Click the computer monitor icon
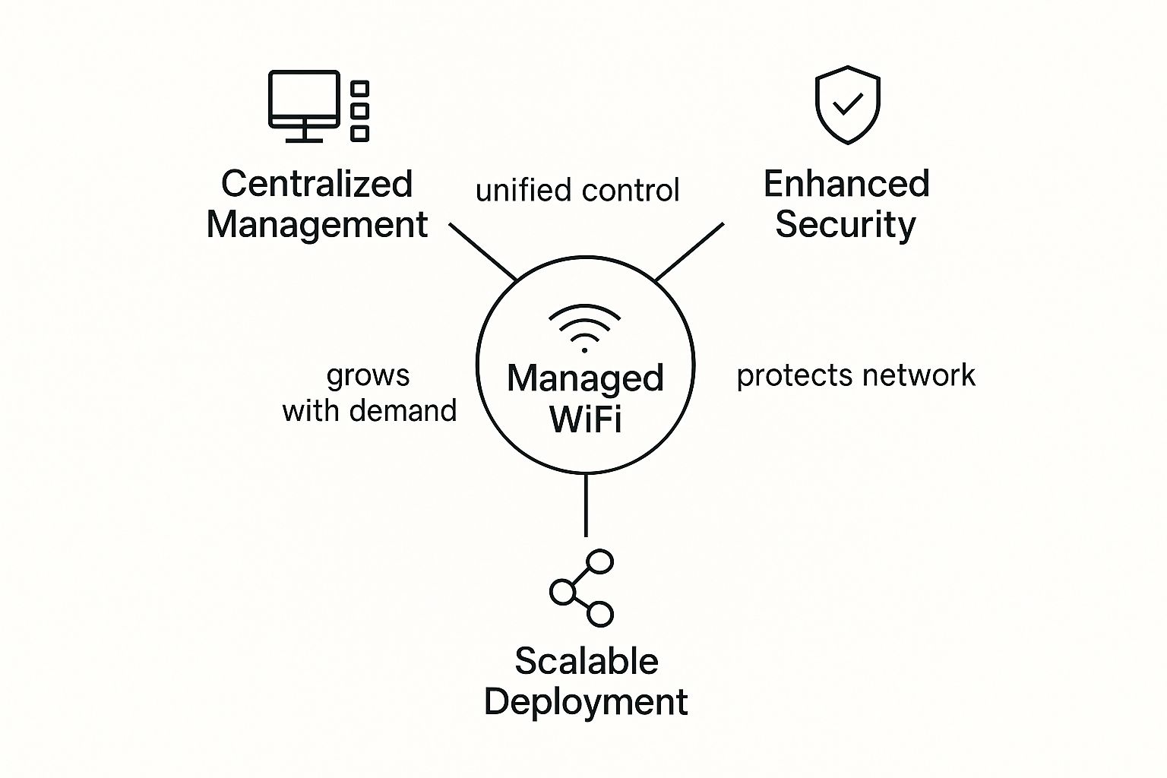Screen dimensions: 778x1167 pyautogui.click(x=304, y=103)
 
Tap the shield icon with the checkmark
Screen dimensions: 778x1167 pyautogui.click(x=847, y=105)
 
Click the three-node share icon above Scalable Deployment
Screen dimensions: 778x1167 pyautogui.click(x=581, y=588)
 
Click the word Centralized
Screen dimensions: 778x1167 pyautogui.click(x=317, y=184)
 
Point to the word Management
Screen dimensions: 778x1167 pyautogui.click(x=317, y=225)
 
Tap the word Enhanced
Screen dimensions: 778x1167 pyautogui.click(x=846, y=184)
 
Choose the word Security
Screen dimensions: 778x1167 pyautogui.click(x=846, y=225)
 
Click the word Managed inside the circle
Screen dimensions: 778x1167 pyautogui.click(x=585, y=378)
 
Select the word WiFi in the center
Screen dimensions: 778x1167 pyautogui.click(x=585, y=419)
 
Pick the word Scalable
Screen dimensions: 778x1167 pyautogui.click(x=586, y=661)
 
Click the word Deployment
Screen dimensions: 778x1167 pyautogui.click(x=586, y=702)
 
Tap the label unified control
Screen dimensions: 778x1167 pyautogui.click(x=577, y=191)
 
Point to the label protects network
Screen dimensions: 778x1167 pyautogui.click(x=855, y=375)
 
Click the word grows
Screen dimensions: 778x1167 pyautogui.click(x=368, y=376)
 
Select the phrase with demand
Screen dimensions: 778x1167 pyautogui.click(x=369, y=411)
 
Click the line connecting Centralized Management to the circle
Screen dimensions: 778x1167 pyautogui.click(x=483, y=251)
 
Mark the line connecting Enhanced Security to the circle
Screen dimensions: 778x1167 pyautogui.click(x=689, y=251)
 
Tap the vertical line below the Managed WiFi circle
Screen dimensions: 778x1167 pyautogui.click(x=586, y=505)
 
